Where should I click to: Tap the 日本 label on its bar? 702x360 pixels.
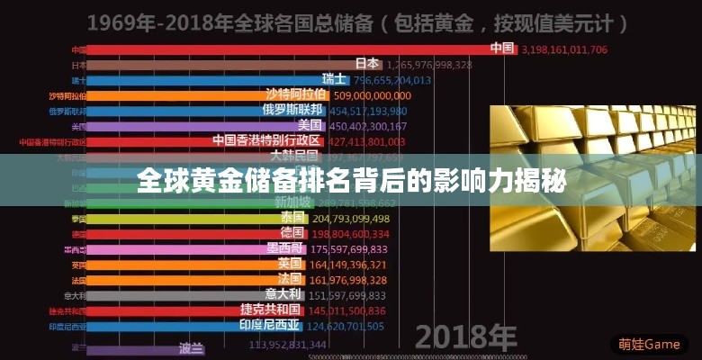(367, 64)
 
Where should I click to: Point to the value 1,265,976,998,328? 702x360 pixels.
(430, 65)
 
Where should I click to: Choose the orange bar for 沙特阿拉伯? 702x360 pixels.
(180, 95)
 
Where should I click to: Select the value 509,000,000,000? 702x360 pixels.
(372, 95)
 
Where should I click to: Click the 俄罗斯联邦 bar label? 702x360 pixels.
(292, 111)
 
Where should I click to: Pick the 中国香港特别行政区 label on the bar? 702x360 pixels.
(266, 141)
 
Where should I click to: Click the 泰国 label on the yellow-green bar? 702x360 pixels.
(292, 218)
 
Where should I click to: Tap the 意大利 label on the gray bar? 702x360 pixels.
(283, 294)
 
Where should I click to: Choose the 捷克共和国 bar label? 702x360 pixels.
(272, 310)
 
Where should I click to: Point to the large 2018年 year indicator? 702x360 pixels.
(464, 337)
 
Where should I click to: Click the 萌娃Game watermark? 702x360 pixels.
(649, 344)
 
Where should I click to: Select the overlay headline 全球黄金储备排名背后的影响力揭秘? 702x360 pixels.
(351, 183)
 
